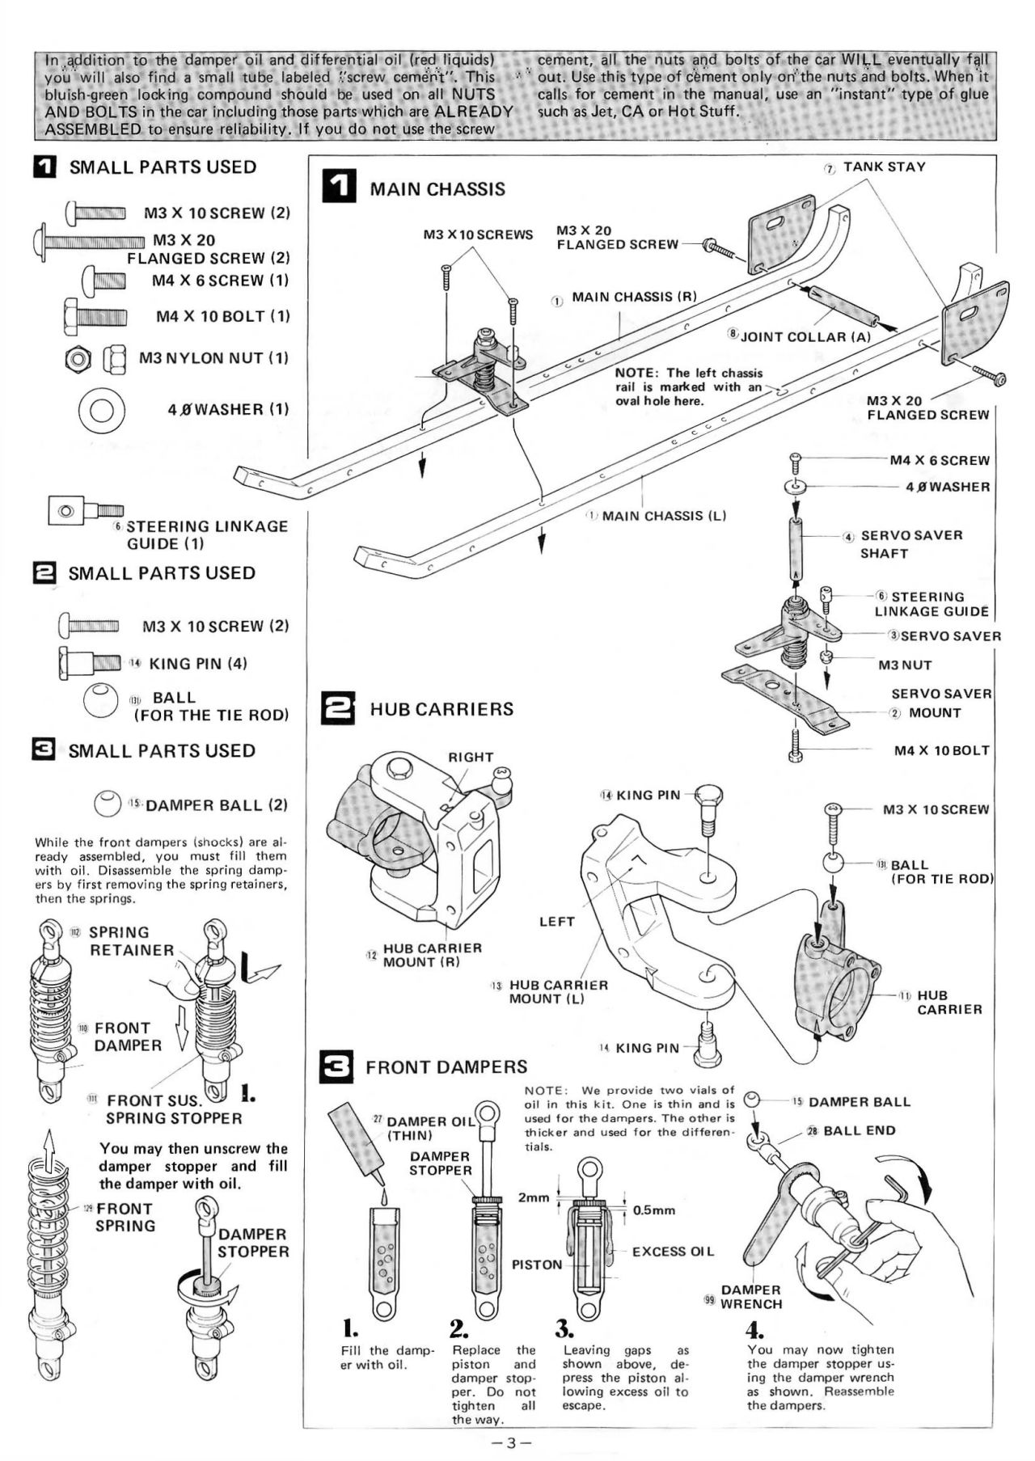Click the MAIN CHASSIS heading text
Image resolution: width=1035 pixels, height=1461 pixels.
437,189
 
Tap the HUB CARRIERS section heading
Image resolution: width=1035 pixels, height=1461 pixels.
441,709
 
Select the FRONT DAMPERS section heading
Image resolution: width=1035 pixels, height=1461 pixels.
446,1067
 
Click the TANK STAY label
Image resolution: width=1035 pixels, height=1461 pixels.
884,167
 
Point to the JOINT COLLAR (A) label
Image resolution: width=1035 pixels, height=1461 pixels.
805,336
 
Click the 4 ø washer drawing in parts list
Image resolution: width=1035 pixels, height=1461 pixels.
101,409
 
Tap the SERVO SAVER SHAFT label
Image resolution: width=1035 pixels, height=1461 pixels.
910,544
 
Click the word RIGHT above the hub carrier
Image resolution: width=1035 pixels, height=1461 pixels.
471,758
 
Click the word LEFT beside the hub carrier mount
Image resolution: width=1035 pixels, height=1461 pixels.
556,922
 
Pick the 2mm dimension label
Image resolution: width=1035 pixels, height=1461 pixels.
534,1197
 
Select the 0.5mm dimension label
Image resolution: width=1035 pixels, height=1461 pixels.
653,1210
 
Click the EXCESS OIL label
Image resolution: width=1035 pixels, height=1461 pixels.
673,1252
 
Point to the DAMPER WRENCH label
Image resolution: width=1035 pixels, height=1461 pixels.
750,1297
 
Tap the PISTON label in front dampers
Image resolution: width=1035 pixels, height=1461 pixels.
537,1265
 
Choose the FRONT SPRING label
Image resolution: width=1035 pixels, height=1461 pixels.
125,1217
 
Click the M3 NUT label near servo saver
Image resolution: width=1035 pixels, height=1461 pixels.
905,665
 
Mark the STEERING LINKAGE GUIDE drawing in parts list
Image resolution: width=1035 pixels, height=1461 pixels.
85,511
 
